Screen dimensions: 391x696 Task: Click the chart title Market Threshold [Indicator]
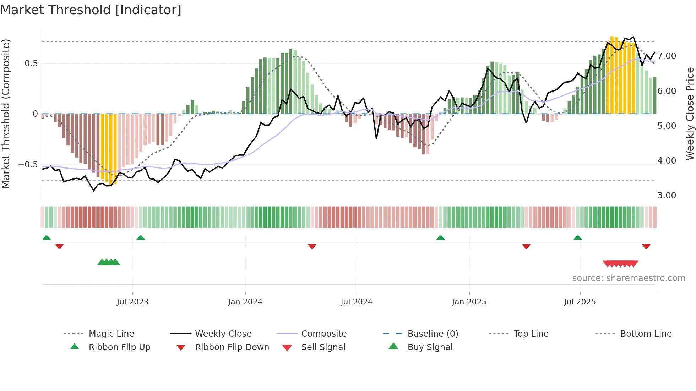pyautogui.click(x=91, y=10)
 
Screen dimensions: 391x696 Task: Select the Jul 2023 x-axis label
pyautogui.click(x=132, y=302)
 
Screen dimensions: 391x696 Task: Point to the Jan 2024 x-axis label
pyautogui.click(x=245, y=302)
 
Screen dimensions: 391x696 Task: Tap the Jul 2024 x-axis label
pyautogui.click(x=357, y=302)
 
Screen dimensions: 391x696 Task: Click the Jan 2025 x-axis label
pyautogui.click(x=469, y=302)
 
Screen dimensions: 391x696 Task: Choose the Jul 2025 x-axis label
pyautogui.click(x=580, y=302)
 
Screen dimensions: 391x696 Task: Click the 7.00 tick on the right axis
pyautogui.click(x=667, y=56)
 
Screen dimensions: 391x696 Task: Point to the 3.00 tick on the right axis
pyautogui.click(x=667, y=195)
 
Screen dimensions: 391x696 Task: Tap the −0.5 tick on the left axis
pyautogui.click(x=28, y=165)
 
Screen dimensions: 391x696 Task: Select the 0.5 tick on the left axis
pyautogui.click(x=31, y=64)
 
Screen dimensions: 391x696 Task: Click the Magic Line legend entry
pyautogui.click(x=111, y=334)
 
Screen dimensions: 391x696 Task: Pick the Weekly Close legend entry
pyautogui.click(x=223, y=334)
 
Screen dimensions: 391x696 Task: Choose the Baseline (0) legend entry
pyautogui.click(x=433, y=334)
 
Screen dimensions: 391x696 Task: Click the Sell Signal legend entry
pyautogui.click(x=323, y=347)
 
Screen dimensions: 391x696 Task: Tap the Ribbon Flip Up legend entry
pyautogui.click(x=119, y=347)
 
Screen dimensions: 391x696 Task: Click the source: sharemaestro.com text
pyautogui.click(x=629, y=278)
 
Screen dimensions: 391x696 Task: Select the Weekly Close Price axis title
pyautogui.click(x=690, y=114)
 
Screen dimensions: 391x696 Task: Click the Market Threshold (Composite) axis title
pyautogui.click(x=6, y=114)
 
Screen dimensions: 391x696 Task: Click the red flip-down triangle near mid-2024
pyautogui.click(x=312, y=246)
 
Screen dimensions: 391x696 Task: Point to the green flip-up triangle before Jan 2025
pyautogui.click(x=440, y=238)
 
